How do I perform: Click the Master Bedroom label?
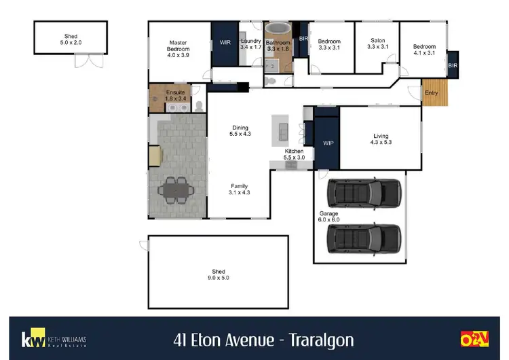[178, 48]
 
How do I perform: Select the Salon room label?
[377, 43]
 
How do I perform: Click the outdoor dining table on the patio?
[176, 187]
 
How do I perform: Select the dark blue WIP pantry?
[328, 143]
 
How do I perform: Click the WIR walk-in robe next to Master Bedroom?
[225, 42]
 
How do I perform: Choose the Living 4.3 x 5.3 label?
[381, 139]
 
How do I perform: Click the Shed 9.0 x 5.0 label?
[219, 274]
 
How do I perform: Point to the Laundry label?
[250, 43]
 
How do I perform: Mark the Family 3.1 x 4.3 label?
[239, 189]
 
